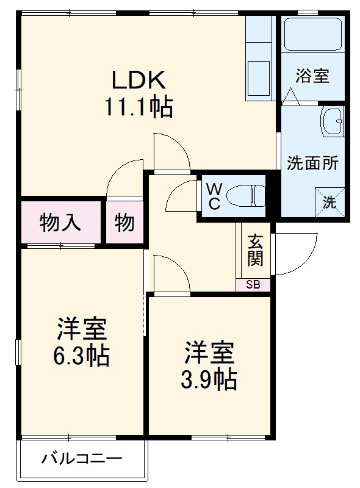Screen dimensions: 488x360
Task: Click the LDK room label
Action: [x=138, y=80]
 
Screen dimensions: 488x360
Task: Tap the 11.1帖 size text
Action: [x=138, y=108]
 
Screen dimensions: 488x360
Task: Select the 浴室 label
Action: [x=312, y=76]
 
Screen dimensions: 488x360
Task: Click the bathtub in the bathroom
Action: [x=312, y=36]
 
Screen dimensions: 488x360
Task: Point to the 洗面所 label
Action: [x=312, y=163]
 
